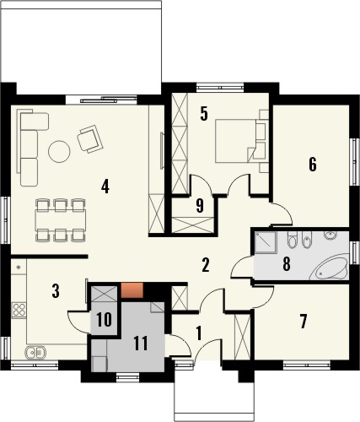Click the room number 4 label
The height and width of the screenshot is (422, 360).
pyautogui.click(x=105, y=187)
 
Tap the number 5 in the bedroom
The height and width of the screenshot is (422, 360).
pyautogui.click(x=203, y=114)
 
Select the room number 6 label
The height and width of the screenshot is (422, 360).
pyautogui.click(x=312, y=165)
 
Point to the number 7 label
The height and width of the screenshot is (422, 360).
pyautogui.click(x=304, y=321)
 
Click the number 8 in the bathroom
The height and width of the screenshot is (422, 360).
pyautogui.click(x=287, y=264)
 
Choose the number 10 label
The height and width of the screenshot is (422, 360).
pyautogui.click(x=104, y=319)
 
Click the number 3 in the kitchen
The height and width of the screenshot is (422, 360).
pyautogui.click(x=55, y=292)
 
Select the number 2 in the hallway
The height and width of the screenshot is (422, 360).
pyautogui.click(x=205, y=265)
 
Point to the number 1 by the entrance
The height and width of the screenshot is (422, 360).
pyautogui.click(x=199, y=333)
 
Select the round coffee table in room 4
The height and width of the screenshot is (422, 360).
pyautogui.click(x=59, y=151)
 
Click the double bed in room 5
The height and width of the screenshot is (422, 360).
pyautogui.click(x=239, y=139)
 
